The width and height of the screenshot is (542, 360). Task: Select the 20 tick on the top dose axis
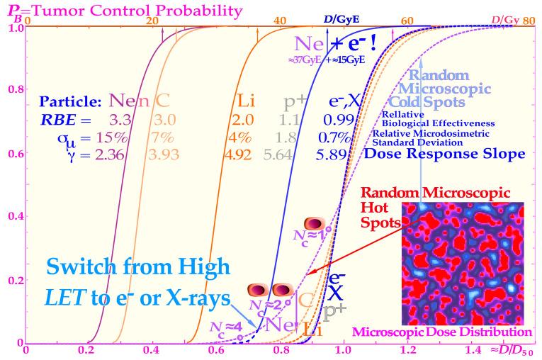(151, 21)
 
